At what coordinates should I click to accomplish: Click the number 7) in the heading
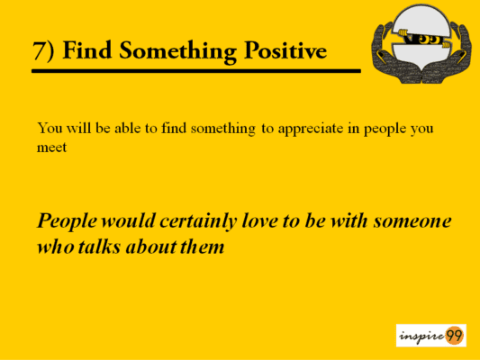(x=43, y=50)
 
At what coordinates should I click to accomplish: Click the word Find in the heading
(x=87, y=49)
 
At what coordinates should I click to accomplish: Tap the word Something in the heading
(x=177, y=51)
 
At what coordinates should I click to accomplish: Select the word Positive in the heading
(x=285, y=49)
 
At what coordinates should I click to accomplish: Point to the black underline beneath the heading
(x=196, y=71)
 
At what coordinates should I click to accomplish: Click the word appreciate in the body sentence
(x=311, y=130)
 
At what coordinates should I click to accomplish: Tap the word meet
(x=51, y=148)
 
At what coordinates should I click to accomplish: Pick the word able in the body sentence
(x=128, y=128)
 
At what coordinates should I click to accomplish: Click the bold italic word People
(x=67, y=221)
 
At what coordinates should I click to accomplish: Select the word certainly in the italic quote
(x=198, y=221)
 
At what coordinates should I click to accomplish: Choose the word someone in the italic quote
(x=412, y=221)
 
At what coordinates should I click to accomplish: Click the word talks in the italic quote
(x=99, y=247)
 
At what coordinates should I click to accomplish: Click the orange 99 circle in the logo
(x=454, y=336)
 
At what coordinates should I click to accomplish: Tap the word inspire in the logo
(x=421, y=336)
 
